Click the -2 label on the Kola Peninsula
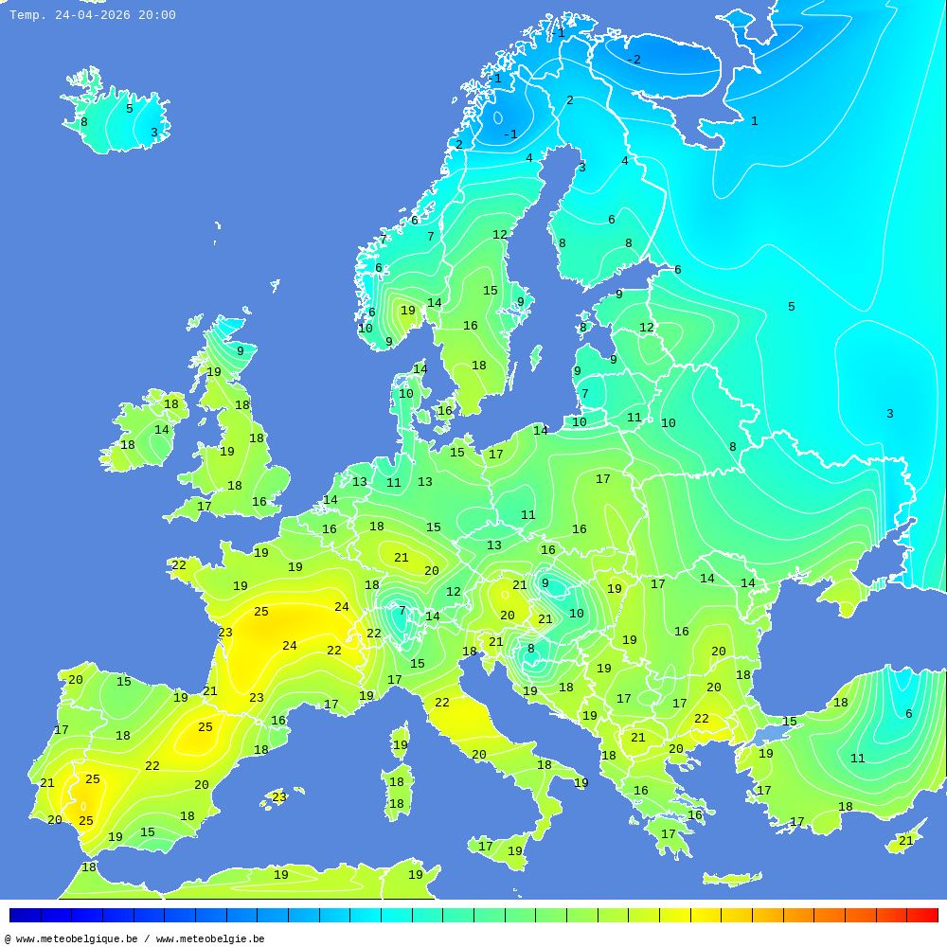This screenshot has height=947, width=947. pyautogui.click(x=634, y=60)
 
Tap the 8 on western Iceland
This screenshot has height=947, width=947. pyautogui.click(x=83, y=122)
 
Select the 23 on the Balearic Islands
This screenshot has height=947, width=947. pyautogui.click(x=279, y=797)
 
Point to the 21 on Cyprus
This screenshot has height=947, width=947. pyautogui.click(x=906, y=841)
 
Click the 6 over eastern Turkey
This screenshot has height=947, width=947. pyautogui.click(x=908, y=714)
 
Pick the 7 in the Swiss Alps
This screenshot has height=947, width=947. pyautogui.click(x=402, y=611)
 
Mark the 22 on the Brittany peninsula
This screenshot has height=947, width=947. pyautogui.click(x=179, y=565)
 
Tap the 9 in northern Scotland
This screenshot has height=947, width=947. pyautogui.click(x=240, y=351)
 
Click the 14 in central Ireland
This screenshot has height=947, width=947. pyautogui.click(x=162, y=430)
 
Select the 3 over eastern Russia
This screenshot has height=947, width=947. pyautogui.click(x=889, y=414)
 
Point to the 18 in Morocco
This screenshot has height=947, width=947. pyautogui.click(x=89, y=867)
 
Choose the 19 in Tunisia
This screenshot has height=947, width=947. pyautogui.click(x=415, y=875)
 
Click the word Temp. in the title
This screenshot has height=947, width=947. pyautogui.click(x=27, y=15)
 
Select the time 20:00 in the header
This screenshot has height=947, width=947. pyautogui.click(x=157, y=15)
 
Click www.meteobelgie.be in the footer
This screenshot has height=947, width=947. pyautogui.click(x=210, y=939)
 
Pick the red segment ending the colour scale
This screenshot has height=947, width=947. pyautogui.click(x=922, y=915)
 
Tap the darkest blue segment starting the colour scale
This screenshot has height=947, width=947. pyautogui.click(x=25, y=915)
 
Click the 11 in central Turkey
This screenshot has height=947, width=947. pyautogui.click(x=857, y=759)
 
